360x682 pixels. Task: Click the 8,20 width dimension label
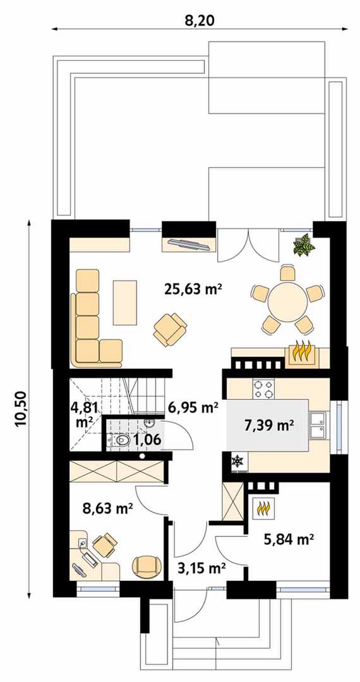pyautogui.click(x=200, y=20)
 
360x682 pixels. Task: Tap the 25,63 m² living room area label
pyautogui.click(x=193, y=289)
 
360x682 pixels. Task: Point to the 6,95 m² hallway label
pyautogui.click(x=193, y=407)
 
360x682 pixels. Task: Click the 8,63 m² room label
pyautogui.click(x=107, y=508)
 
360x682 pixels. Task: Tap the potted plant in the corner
pyautogui.click(x=304, y=244)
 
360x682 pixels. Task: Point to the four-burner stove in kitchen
pyautogui.click(x=264, y=389)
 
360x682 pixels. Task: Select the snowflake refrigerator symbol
pyautogui.click(x=237, y=461)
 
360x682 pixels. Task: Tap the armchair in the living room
pyautogui.click(x=169, y=329)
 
